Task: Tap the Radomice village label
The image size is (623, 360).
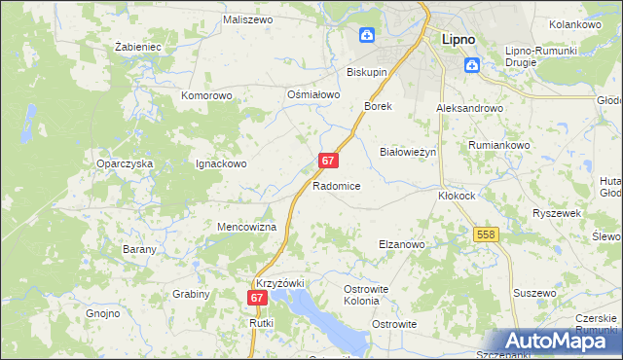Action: coord(337,186)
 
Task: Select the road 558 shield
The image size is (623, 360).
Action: coord(488,234)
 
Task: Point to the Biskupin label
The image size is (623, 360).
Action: coord(368,72)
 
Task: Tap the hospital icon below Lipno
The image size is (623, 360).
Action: coord(472,65)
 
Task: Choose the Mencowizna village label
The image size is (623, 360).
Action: coord(246,227)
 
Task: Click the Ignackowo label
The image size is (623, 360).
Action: coord(221,164)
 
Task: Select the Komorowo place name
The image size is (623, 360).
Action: coord(206,96)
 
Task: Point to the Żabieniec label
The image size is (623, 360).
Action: coord(137,46)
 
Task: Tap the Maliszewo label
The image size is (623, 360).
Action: coord(246,18)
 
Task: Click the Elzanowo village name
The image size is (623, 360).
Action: coord(401,245)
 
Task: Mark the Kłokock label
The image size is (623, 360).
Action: coord(456,195)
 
